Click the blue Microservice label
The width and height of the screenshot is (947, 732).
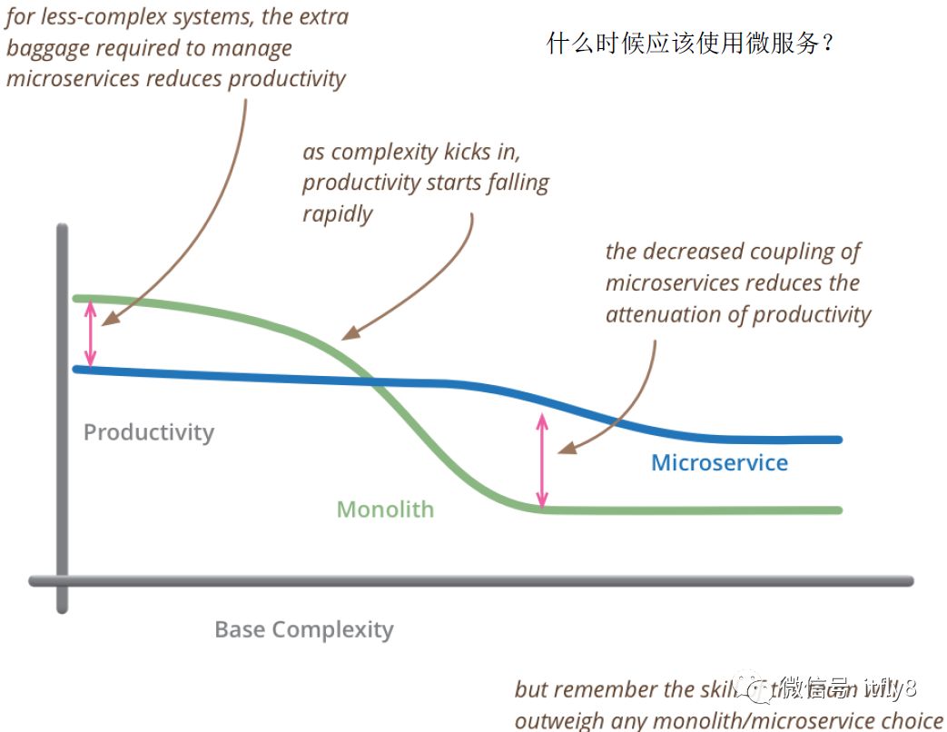pos(719,463)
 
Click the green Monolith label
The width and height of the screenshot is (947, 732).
pos(385,509)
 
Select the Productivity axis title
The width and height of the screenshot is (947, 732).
pos(149,432)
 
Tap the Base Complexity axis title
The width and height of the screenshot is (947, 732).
pos(304,629)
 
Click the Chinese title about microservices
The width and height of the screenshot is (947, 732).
pos(690,43)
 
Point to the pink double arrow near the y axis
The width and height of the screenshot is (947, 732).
pos(89,333)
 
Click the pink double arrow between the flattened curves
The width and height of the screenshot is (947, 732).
pos(543,460)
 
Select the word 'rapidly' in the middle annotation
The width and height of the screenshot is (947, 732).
pos(338,214)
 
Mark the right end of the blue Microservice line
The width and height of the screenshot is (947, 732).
pos(839,440)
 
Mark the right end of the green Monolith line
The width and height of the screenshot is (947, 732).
pos(839,509)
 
